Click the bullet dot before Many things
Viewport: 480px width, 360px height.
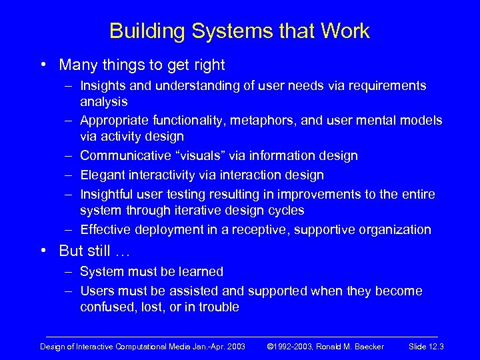pyautogui.click(x=43, y=65)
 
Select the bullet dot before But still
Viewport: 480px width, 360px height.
pyautogui.click(x=43, y=251)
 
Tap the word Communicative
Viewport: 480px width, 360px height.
pyautogui.click(x=122, y=156)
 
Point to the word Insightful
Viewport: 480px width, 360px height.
pyautogui.click(x=107, y=194)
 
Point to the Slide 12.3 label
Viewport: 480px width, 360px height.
pyautogui.click(x=427, y=347)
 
